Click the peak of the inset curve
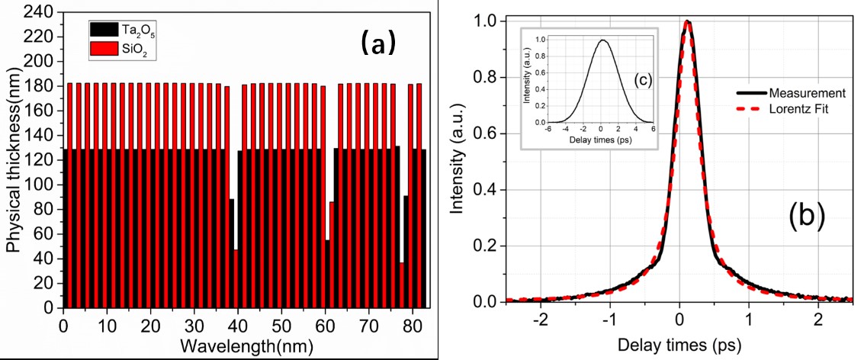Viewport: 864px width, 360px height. (x=602, y=40)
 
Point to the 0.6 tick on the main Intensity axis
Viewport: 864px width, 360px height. (x=488, y=134)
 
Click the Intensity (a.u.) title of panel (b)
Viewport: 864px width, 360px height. (x=458, y=161)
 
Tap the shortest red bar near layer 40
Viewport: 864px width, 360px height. (x=236, y=278)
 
